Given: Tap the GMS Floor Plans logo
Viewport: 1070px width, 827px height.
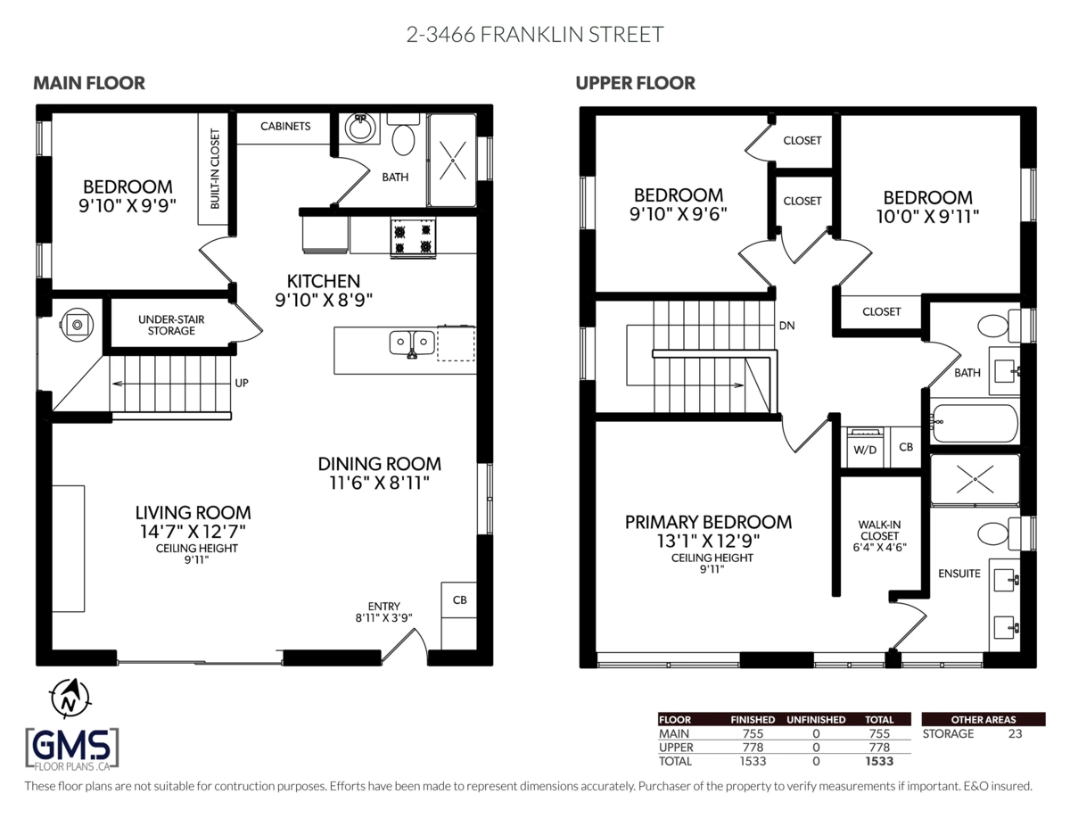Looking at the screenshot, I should click(x=72, y=748).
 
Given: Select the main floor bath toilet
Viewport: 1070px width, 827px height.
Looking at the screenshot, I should click(x=404, y=138).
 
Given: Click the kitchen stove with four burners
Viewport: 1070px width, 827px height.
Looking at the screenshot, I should click(x=413, y=237).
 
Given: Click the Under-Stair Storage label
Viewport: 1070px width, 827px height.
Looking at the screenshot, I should click(x=166, y=325).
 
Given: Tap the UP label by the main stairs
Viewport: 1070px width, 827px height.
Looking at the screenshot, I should click(x=241, y=383).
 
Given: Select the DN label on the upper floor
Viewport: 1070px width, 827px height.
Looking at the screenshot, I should click(x=786, y=326).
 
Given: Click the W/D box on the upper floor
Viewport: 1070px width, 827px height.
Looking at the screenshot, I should click(x=865, y=449).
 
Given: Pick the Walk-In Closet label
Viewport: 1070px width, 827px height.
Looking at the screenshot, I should click(x=878, y=536).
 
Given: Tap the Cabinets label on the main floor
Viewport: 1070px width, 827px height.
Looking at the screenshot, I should click(x=285, y=127).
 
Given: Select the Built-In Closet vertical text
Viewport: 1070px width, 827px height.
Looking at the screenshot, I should click(x=215, y=170).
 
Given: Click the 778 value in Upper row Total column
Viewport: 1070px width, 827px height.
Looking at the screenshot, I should click(x=878, y=747).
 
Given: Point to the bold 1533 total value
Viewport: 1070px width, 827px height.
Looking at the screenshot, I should click(x=878, y=761).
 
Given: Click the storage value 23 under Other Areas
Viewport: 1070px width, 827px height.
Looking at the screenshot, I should click(x=1014, y=733).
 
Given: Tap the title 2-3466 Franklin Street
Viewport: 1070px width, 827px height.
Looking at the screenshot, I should click(x=535, y=35).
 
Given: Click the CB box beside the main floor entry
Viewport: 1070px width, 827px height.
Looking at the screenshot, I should click(x=459, y=600).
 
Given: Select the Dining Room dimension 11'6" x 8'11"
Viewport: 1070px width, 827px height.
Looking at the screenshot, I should click(x=380, y=484).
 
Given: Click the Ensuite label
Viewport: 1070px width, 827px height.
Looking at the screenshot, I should click(x=959, y=574).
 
